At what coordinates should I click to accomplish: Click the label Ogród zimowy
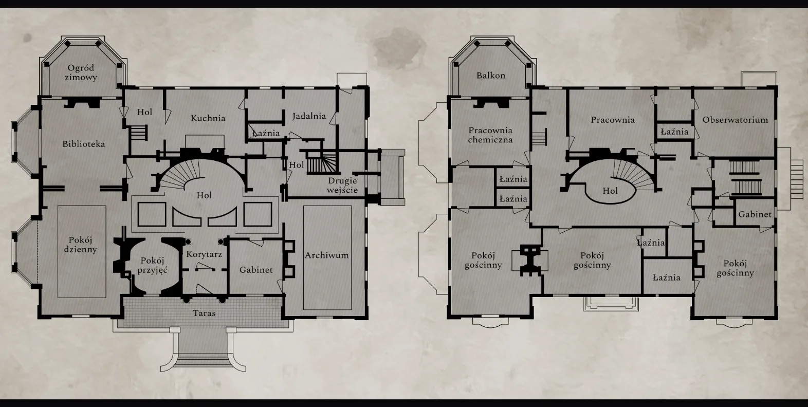pos(81,72)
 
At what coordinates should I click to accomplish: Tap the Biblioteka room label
pos(84,144)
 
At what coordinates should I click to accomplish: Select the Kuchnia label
pos(208,118)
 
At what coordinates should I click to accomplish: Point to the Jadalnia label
pos(309,116)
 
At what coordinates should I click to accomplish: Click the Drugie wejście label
pos(342,186)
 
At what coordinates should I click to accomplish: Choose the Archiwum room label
pos(327,255)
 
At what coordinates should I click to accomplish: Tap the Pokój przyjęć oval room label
pos(152,265)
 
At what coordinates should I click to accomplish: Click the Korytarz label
pos(204,254)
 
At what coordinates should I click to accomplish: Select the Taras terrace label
pos(204,313)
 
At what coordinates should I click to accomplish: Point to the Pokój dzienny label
pos(80,245)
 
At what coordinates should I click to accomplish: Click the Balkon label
pos(490,76)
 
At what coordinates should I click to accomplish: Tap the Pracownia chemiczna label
pos(490,135)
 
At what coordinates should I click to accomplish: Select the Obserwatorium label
pos(735,120)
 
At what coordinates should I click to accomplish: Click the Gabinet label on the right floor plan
pos(755,214)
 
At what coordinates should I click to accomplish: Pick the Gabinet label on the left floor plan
pos(256,270)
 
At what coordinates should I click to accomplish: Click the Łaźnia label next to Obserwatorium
pos(674,132)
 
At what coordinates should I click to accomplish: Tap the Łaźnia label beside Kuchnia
pos(266,133)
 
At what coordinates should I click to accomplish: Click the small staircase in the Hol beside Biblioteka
pos(138,132)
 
